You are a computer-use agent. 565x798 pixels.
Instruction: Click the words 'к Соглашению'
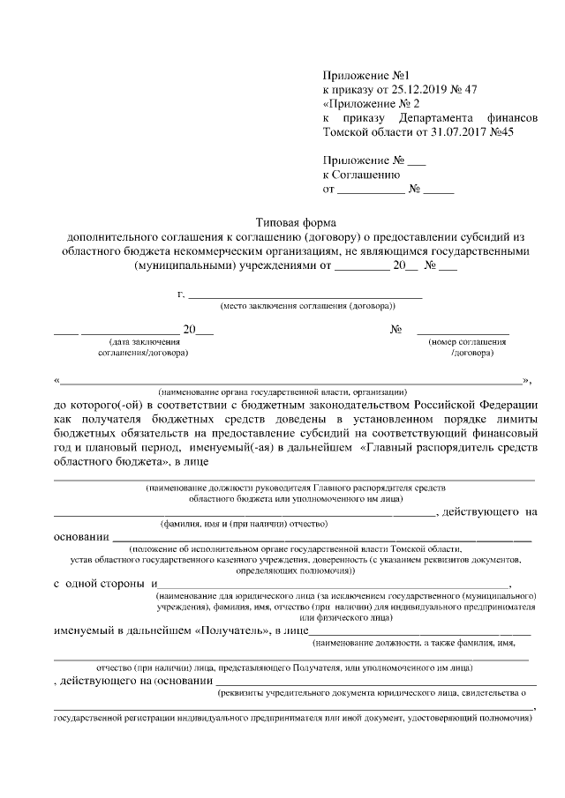click(x=357, y=175)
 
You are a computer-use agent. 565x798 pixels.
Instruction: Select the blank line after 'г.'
click(x=305, y=295)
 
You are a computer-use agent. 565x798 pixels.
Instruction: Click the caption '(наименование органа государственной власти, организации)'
click(x=282, y=391)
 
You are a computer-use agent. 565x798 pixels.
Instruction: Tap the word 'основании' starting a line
click(x=81, y=537)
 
